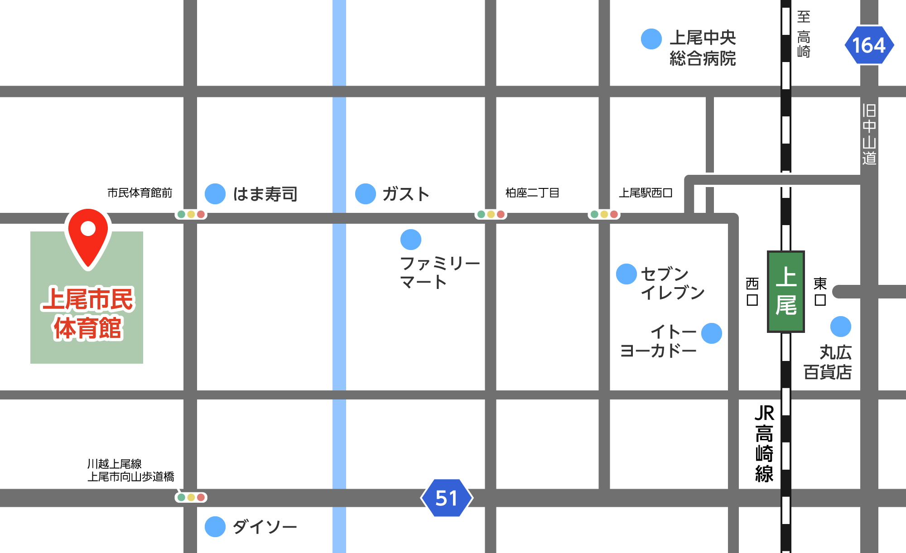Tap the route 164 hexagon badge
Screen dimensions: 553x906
click(869, 45)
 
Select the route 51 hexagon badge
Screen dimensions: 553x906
click(447, 498)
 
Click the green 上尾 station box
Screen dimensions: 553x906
click(786, 291)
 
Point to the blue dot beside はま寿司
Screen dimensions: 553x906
click(215, 194)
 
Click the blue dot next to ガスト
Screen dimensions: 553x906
click(366, 194)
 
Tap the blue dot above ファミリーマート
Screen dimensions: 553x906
click(411, 240)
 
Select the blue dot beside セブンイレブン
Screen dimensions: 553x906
click(626, 274)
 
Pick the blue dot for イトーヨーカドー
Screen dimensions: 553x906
click(712, 333)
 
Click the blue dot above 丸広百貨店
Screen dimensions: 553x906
click(841, 327)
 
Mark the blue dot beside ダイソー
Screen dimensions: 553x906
click(215, 527)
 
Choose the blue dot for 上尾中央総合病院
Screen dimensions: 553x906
click(651, 39)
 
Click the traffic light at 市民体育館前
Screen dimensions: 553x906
click(191, 214)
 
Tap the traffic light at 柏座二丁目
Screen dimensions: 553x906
click(491, 214)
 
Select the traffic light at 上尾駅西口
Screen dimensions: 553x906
click(604, 214)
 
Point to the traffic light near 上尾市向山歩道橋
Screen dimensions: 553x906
click(191, 497)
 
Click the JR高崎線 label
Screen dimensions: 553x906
click(764, 444)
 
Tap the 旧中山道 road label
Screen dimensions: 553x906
click(869, 135)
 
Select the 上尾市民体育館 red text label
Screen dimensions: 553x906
click(88, 313)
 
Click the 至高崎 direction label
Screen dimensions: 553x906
click(804, 34)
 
